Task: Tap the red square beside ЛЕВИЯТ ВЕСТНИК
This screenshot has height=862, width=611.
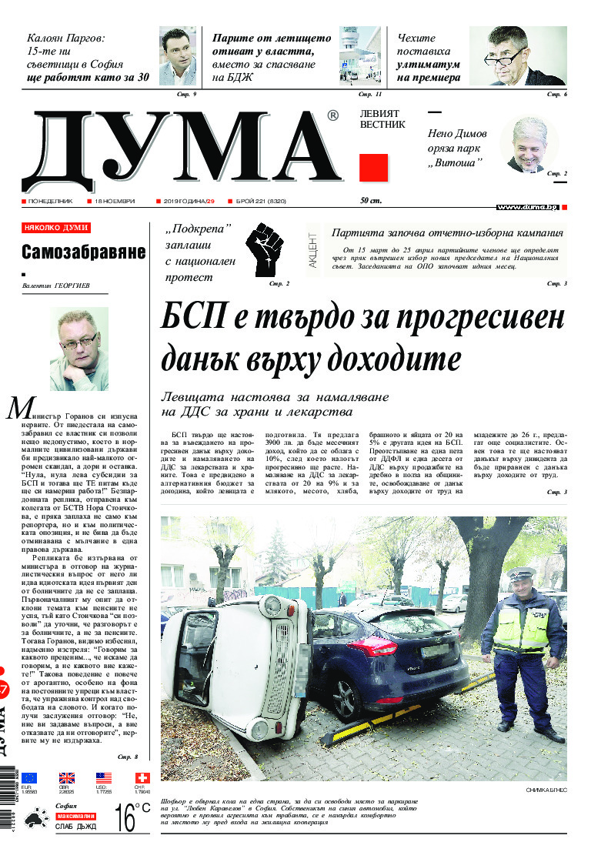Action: pyautogui.click(x=374, y=167)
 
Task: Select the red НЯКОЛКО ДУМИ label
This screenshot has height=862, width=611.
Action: pyautogui.click(x=56, y=228)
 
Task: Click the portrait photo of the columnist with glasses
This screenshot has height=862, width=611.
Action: pyautogui.click(x=79, y=349)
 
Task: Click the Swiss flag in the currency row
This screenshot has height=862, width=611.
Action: pyautogui.click(x=142, y=777)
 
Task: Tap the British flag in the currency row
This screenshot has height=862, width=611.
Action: pyautogui.click(x=67, y=777)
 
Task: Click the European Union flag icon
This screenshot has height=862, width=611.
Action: pyautogui.click(x=29, y=777)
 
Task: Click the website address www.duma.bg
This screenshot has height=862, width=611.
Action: pyautogui.click(x=527, y=207)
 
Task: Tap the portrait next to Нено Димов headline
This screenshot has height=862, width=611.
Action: pyautogui.click(x=529, y=145)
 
